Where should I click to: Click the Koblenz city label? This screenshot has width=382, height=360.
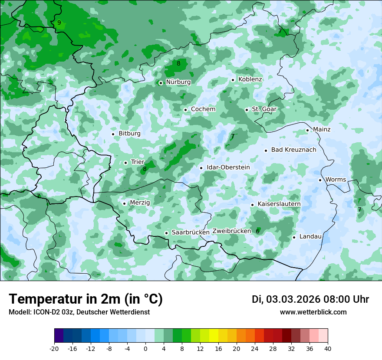[x=250, y=79]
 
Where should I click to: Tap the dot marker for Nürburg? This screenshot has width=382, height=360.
[x=161, y=82]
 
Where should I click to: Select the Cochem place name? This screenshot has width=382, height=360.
[x=203, y=109]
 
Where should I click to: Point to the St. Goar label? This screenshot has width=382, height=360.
[x=264, y=109]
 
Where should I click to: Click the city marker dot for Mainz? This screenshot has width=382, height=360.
[x=307, y=130]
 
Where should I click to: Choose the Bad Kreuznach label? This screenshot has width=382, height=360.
[x=294, y=150]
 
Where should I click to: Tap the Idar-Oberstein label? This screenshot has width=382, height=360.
[x=228, y=167]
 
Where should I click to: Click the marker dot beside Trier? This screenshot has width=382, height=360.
[x=125, y=163]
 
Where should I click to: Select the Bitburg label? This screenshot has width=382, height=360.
[x=129, y=134]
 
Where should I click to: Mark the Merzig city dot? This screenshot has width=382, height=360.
[x=124, y=203]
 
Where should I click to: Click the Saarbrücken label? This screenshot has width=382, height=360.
[x=191, y=232]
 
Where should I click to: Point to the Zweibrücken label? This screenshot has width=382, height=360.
[x=232, y=231]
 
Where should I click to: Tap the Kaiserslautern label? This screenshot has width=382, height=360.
[x=279, y=204]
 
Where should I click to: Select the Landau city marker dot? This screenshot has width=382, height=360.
[x=294, y=237]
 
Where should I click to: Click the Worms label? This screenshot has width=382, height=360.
[x=336, y=180]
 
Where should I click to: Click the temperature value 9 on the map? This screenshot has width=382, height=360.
[x=59, y=23]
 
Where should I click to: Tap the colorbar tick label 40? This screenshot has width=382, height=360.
[x=328, y=349]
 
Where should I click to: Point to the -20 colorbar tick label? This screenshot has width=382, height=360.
[x=54, y=349]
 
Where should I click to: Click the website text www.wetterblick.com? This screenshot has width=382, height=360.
[x=313, y=312]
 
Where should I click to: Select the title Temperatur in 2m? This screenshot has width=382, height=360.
[x=86, y=299]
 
